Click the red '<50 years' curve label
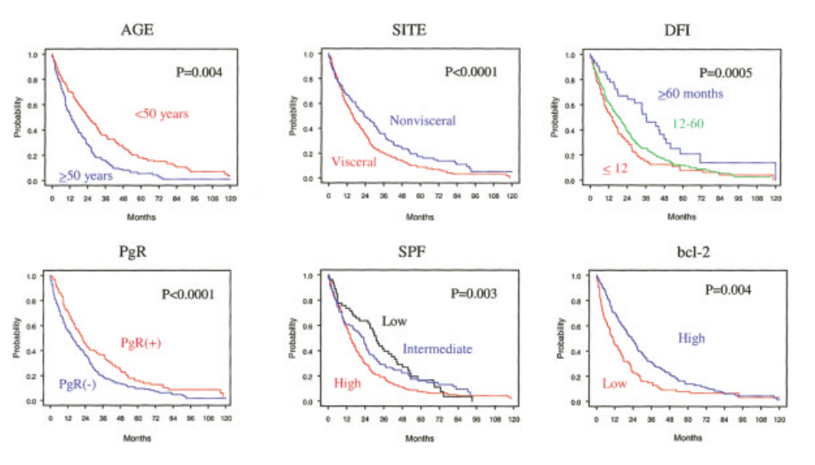pos(162,114)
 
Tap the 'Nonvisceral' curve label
pos(423,121)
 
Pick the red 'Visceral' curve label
pos(354,162)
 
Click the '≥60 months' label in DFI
pos(690,93)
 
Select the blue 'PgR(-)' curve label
pos(78,385)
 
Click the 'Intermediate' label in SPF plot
pos(437,349)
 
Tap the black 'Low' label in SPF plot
pos(394,321)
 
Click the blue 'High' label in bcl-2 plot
pos(691,338)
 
